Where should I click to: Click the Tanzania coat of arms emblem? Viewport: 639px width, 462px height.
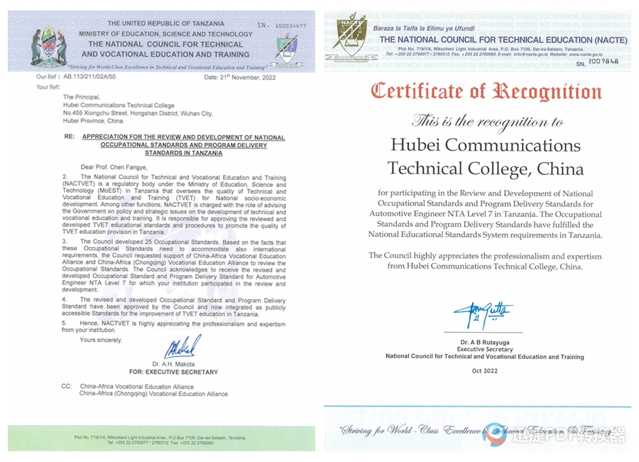[49, 44]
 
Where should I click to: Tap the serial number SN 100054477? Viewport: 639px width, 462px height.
[282, 24]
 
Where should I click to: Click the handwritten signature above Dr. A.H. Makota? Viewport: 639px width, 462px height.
[182, 347]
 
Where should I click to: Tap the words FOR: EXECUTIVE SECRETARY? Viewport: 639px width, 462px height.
[173, 372]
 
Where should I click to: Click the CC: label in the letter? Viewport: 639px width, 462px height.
[66, 387]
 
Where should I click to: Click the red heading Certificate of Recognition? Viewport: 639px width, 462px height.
[486, 92]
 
